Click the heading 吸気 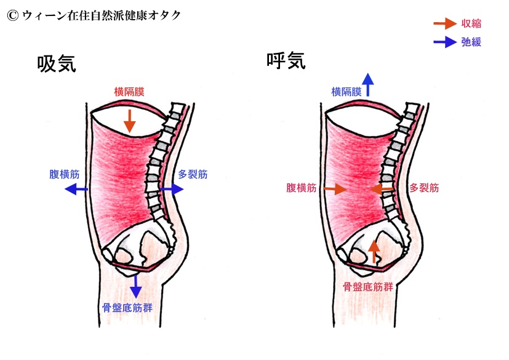(x=56, y=63)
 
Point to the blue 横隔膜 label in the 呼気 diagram (x=346, y=92)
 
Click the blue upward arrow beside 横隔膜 (x=368, y=84)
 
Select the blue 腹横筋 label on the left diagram (x=64, y=174)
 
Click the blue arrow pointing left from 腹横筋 (x=77, y=190)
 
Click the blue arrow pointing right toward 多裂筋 (x=172, y=190)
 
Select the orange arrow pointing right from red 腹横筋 (x=335, y=190)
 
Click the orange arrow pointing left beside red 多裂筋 (x=383, y=189)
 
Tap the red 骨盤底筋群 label (x=367, y=287)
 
